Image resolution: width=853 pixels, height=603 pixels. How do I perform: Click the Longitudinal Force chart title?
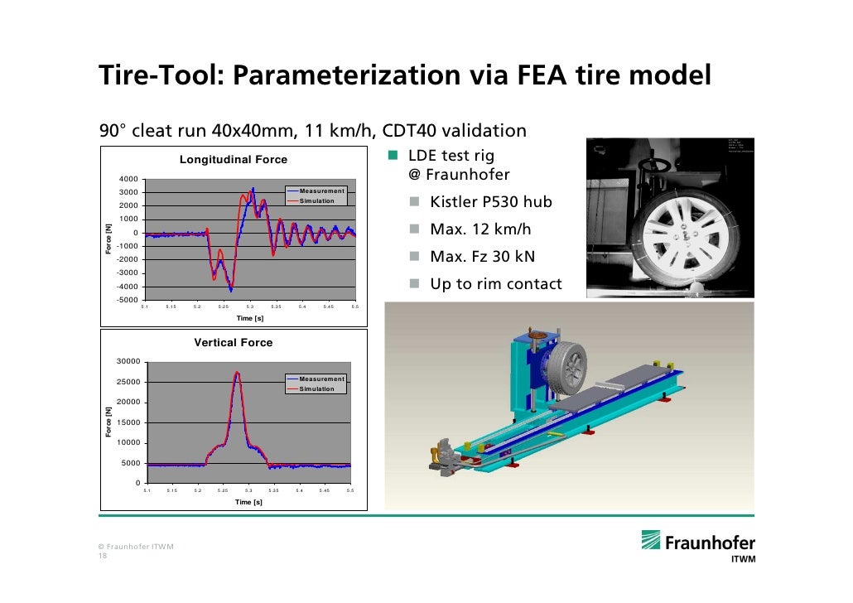234,160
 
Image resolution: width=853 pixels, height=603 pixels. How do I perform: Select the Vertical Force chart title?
233,342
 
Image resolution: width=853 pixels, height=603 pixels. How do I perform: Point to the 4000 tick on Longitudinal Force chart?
128,179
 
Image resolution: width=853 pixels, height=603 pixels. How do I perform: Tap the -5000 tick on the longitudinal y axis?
127,299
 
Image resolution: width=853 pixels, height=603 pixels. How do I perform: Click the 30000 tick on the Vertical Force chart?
127,361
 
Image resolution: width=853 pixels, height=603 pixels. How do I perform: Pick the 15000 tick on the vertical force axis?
127,422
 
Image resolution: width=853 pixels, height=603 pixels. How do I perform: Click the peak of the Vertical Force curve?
237,373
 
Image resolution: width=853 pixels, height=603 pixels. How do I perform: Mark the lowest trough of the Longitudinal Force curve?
231,291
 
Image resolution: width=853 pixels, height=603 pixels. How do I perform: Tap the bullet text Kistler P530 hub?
490,202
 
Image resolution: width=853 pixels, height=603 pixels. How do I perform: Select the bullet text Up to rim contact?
495,284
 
